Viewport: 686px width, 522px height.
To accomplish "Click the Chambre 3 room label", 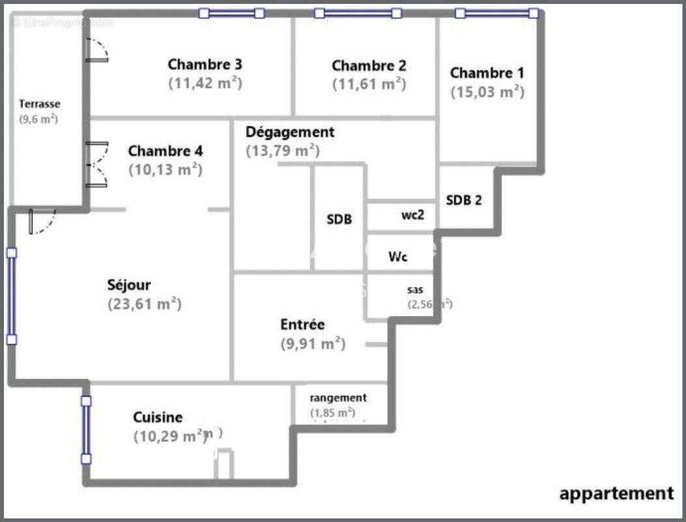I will click(205, 65).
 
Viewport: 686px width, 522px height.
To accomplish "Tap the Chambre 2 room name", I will click(369, 66).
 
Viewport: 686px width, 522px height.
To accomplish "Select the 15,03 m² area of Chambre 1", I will click(487, 92).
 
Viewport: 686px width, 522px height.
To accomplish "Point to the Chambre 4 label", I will click(165, 151).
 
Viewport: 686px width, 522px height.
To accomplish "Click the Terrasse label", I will click(39, 104).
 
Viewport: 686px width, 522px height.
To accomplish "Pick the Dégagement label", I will click(290, 132).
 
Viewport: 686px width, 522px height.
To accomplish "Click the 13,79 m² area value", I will click(282, 151).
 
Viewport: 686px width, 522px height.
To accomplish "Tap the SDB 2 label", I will click(464, 200).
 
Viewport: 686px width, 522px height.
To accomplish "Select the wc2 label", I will click(413, 216).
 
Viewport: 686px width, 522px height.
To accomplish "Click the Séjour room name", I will click(129, 285).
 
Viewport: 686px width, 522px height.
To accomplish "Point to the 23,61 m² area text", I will click(144, 304).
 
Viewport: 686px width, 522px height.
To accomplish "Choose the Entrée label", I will click(302, 324).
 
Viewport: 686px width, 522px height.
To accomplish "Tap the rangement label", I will click(337, 398).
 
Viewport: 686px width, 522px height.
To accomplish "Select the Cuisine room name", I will click(158, 418).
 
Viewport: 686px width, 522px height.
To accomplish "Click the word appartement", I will click(616, 494).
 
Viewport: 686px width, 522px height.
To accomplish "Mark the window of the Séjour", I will click(11, 296).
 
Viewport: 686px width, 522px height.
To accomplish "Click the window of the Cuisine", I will click(86, 429).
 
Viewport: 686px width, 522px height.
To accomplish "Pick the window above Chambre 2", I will click(357, 13).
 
